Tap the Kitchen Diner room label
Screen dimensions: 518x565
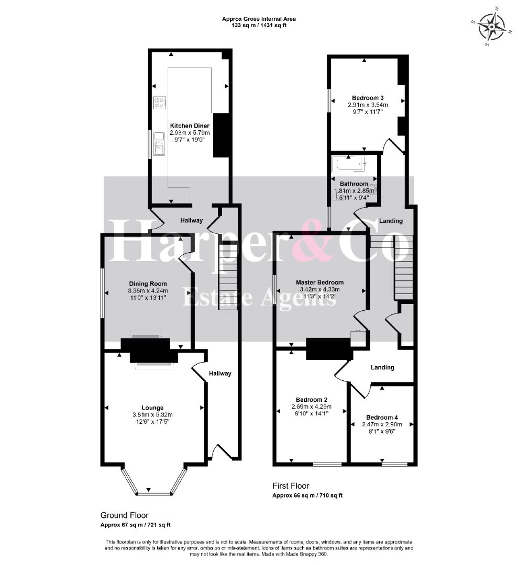(190, 126)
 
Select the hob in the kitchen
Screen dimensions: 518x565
(159, 102)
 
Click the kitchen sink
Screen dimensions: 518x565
(159, 143)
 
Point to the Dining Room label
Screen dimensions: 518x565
(148, 284)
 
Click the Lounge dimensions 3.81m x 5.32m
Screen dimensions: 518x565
(152, 415)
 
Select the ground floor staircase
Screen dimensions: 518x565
(228, 277)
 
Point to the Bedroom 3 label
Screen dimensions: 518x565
(368, 98)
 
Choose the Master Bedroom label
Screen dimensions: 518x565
(319, 282)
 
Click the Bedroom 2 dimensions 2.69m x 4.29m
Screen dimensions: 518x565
(311, 407)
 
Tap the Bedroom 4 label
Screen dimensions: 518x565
(382, 417)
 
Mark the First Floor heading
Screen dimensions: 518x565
(291, 485)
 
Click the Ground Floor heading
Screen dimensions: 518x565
(125, 516)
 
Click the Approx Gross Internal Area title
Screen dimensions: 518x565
(259, 19)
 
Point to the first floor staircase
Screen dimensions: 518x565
(403, 267)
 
